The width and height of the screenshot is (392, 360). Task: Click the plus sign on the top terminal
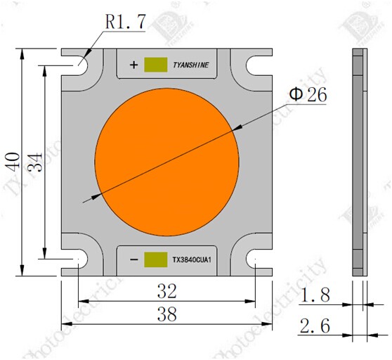[x=133, y=65]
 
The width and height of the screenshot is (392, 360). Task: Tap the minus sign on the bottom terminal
[x=133, y=259]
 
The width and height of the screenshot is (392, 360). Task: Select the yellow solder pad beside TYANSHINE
[x=155, y=65]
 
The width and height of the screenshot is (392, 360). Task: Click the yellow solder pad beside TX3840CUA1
[x=155, y=259]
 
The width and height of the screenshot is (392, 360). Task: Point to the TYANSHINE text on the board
[x=190, y=66]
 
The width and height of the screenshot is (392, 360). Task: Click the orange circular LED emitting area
[x=166, y=162]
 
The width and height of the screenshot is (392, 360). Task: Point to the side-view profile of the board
[x=358, y=162]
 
